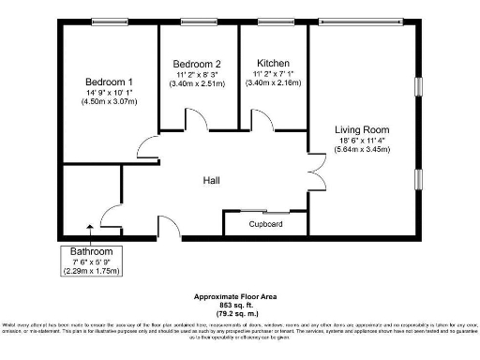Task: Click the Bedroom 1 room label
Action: click(109, 82)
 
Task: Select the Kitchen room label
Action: click(273, 64)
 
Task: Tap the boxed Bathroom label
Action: click(89, 251)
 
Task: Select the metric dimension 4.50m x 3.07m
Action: click(109, 102)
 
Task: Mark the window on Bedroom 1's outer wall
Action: click(111, 22)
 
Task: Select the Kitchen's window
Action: click(274, 22)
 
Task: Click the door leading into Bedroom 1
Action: click(148, 148)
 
